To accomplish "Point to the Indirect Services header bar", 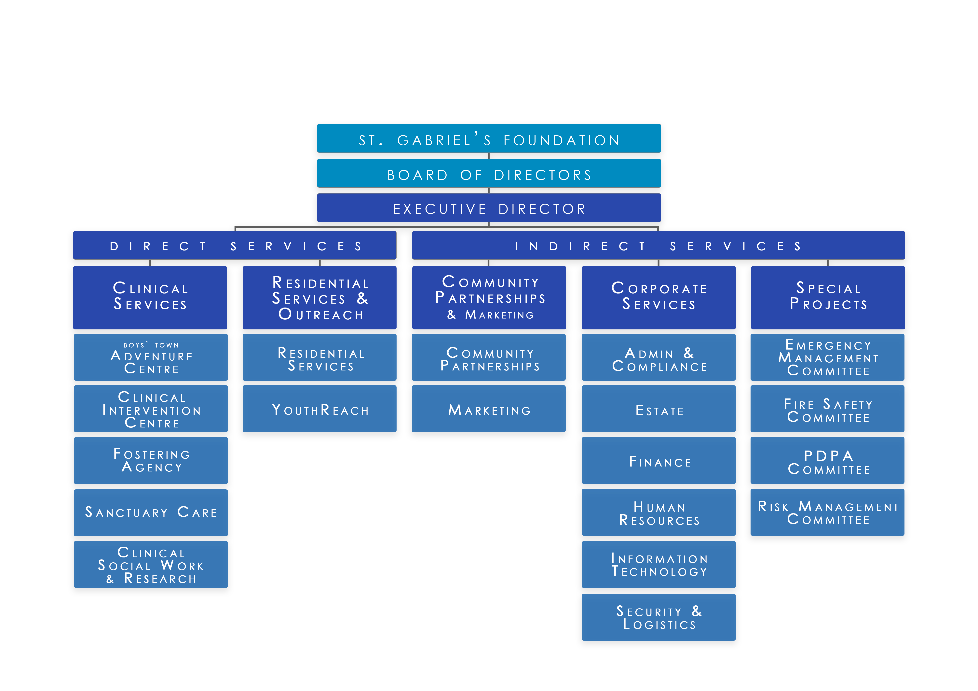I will click(x=658, y=246).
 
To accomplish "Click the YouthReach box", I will click(x=319, y=409).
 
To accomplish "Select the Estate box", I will click(x=659, y=409).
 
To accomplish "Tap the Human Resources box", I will click(x=659, y=513).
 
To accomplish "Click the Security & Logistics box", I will click(x=659, y=617).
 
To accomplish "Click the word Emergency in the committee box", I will click(x=828, y=345).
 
